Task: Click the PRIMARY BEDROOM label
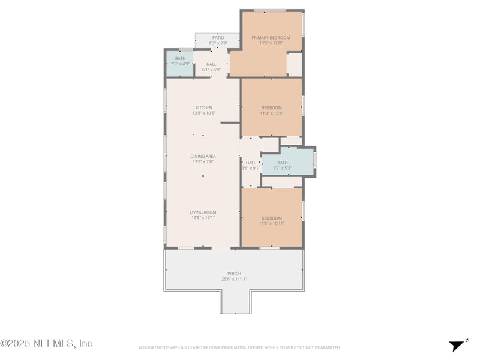(271, 38)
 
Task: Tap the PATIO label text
(217, 38)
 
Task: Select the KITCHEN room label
(203, 107)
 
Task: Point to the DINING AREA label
(203, 156)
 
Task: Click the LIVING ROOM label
(203, 212)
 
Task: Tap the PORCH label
(234, 274)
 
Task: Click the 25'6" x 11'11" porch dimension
(234, 279)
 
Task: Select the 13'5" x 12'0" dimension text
(271, 43)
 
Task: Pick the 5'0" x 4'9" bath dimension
(181, 64)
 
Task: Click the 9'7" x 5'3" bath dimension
(283, 168)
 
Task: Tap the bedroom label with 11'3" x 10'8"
(271, 107)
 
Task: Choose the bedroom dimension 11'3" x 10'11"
(271, 223)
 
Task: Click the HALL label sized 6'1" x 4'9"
(211, 64)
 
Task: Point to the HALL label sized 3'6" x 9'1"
(251, 163)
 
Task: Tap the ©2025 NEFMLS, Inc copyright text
(46, 344)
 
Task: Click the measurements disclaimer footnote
(240, 347)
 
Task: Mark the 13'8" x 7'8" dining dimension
(203, 161)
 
